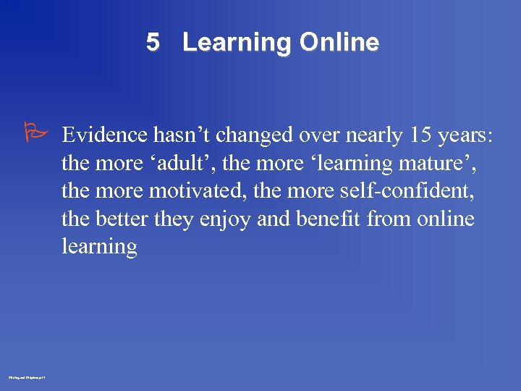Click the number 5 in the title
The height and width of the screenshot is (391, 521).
coord(152,43)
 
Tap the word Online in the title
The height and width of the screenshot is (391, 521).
coord(339,43)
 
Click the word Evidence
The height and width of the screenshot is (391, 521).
coord(106,135)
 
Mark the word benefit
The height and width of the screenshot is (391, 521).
coord(326,219)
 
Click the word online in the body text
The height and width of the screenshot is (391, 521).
coord(445,219)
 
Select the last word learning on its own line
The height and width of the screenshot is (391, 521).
coord(99,247)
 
